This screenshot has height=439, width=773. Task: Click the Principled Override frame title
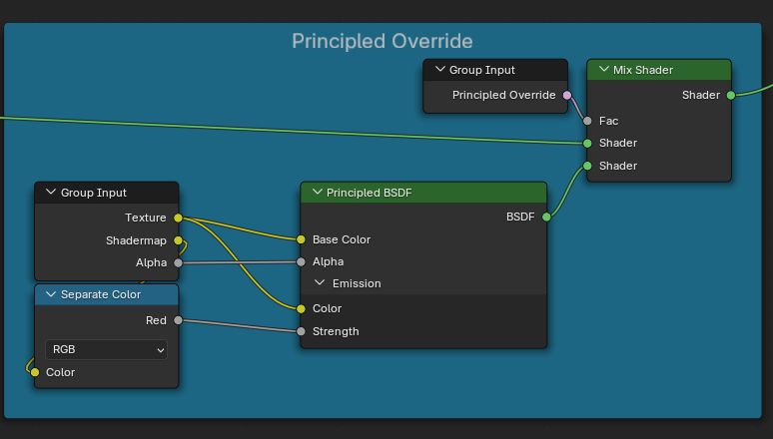click(x=382, y=41)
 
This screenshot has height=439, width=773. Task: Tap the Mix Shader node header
click(x=659, y=70)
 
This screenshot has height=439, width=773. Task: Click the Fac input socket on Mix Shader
click(x=587, y=121)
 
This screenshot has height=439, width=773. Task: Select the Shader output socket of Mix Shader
click(x=731, y=95)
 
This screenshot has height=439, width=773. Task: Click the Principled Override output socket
click(x=567, y=95)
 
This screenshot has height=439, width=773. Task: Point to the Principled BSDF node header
click(x=423, y=193)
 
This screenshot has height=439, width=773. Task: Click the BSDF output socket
click(x=546, y=217)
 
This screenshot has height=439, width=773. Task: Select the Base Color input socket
click(x=301, y=239)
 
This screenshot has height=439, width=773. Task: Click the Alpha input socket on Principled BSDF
click(x=301, y=261)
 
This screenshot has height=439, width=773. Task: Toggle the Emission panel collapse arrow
click(x=320, y=283)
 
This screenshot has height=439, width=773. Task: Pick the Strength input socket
click(x=301, y=331)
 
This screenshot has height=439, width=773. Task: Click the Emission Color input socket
click(x=301, y=308)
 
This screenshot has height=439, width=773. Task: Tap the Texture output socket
click(x=178, y=218)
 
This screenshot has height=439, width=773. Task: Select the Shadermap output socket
click(x=178, y=240)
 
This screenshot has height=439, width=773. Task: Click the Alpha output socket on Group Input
click(x=178, y=262)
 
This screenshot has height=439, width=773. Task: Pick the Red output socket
click(x=178, y=320)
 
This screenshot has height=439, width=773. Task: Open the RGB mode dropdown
click(x=107, y=349)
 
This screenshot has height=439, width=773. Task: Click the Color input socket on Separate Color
click(x=35, y=372)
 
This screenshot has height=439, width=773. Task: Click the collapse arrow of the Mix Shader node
click(x=603, y=70)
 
